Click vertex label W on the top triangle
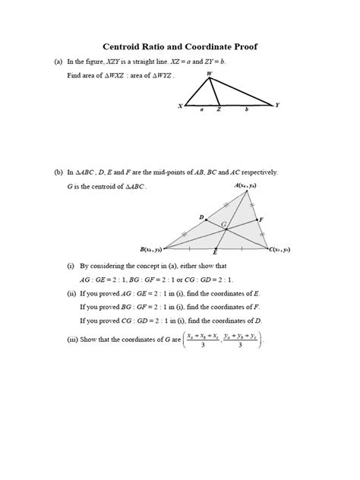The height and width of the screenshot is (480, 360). click(x=210, y=73)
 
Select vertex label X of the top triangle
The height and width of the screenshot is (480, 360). click(x=180, y=106)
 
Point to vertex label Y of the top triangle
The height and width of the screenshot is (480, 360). click(x=277, y=105)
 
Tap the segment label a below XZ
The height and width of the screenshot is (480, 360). click(x=202, y=110)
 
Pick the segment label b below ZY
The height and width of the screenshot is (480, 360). click(x=245, y=110)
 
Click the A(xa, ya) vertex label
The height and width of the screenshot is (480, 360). click(x=248, y=185)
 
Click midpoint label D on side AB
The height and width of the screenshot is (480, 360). click(x=201, y=217)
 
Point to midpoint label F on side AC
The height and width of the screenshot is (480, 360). click(x=261, y=219)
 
